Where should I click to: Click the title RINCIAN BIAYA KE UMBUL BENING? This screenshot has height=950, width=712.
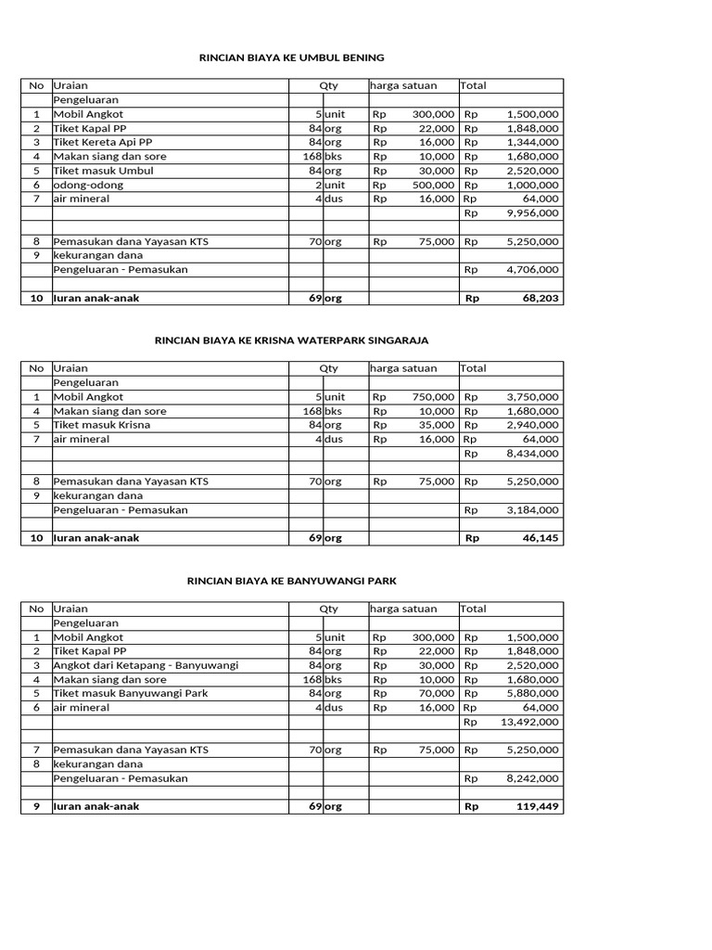(292, 58)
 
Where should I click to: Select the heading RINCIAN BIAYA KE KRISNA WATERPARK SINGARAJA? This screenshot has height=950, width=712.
(291, 340)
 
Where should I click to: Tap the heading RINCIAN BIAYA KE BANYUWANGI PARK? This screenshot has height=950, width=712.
(292, 581)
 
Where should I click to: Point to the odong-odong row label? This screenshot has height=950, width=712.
(88, 185)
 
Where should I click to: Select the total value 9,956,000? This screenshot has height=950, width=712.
(532, 212)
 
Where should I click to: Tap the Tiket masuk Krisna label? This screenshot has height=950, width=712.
(102, 425)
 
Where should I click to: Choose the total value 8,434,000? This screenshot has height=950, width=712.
(532, 454)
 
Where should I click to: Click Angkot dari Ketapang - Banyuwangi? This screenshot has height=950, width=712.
(146, 665)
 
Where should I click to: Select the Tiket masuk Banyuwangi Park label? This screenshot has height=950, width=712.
(131, 693)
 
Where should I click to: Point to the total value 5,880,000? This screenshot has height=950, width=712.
(532, 693)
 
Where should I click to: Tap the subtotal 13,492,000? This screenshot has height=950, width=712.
(529, 722)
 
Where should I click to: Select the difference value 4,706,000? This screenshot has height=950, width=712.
(532, 269)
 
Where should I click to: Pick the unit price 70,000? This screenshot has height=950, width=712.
(434, 693)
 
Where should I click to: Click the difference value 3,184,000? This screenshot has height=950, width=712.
(532, 510)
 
